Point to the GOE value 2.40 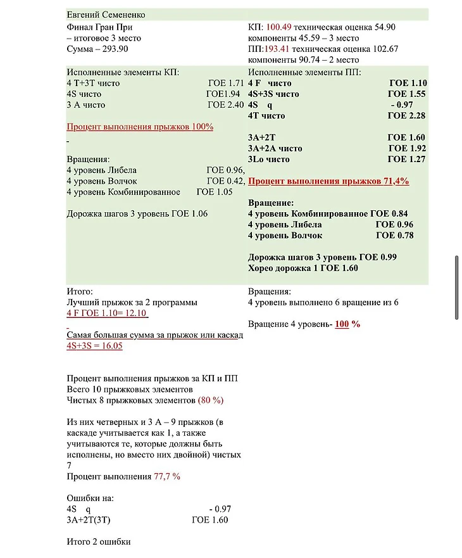coord(235,105)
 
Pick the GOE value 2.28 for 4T coord(416,116)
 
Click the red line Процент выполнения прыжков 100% coord(140,127)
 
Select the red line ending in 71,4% coord(328,181)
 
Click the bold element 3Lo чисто coord(269,159)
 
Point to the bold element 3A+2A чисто coord(275,148)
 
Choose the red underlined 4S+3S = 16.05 coord(94,346)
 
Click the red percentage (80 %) coord(211,400)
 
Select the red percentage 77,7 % coord(167,476)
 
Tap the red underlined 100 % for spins coord(347,324)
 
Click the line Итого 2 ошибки coord(98,542)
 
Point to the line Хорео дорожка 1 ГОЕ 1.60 coord(303,268)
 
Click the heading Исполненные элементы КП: coord(122,72)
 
